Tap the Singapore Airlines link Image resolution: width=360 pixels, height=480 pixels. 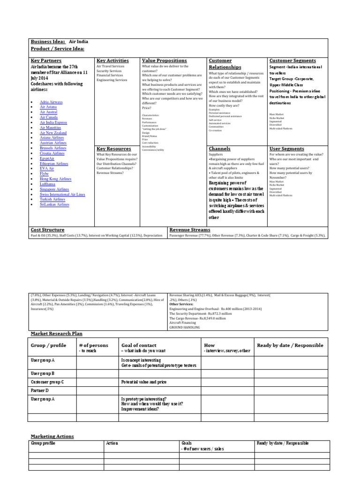55,189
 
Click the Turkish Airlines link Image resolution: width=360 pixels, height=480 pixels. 52,199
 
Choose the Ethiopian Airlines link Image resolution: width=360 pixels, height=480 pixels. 54,164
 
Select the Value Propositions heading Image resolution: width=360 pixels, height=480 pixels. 164,60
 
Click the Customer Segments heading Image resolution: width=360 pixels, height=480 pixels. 292,60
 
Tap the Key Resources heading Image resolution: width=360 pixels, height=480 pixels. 114,149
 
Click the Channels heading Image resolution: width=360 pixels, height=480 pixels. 220,149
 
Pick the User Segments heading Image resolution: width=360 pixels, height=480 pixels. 286,149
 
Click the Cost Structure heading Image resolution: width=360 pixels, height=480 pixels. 48,230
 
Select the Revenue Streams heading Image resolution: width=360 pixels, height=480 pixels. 189,230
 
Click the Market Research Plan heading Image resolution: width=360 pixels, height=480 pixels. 56,333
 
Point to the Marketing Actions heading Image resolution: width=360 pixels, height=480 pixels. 52,436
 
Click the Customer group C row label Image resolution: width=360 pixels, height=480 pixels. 47,382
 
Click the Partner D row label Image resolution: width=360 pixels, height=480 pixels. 40,390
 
